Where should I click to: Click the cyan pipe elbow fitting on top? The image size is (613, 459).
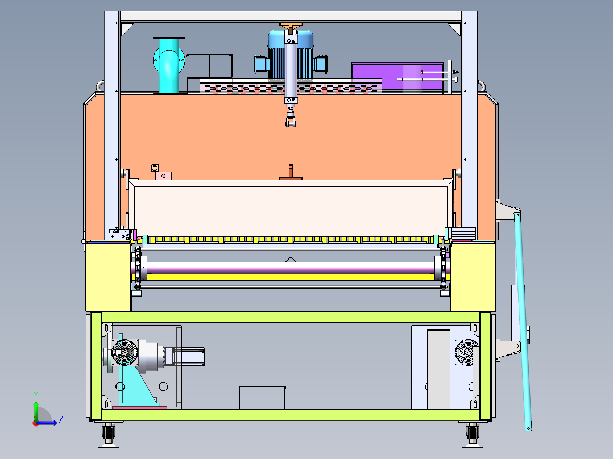[x=169, y=66]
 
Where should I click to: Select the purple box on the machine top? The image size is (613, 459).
[x=397, y=76]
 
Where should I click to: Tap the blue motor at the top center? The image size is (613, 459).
[x=291, y=55]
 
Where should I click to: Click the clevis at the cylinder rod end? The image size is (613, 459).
[x=291, y=119]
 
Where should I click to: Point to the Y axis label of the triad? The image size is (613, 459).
[x=36, y=395]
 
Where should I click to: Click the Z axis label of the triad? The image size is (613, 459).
[x=61, y=420]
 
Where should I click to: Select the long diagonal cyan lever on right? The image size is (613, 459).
[x=523, y=321]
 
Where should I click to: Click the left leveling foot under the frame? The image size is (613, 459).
[x=108, y=435]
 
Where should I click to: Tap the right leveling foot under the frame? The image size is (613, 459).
[x=473, y=435]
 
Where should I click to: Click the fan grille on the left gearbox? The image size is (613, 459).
[x=125, y=352]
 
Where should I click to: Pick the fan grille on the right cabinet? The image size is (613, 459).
[x=466, y=352]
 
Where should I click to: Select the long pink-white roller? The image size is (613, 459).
[x=291, y=268]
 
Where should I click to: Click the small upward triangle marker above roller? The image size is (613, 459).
[x=291, y=260]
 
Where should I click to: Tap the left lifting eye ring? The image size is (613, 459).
[x=101, y=86]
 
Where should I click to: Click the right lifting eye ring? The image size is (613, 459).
[x=481, y=86]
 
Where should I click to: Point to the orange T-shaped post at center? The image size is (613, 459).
[x=291, y=172]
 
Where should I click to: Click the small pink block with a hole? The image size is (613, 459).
[x=163, y=176]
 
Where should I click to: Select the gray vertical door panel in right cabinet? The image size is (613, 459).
[x=438, y=369]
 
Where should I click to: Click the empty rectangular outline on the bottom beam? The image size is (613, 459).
[x=262, y=398]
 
